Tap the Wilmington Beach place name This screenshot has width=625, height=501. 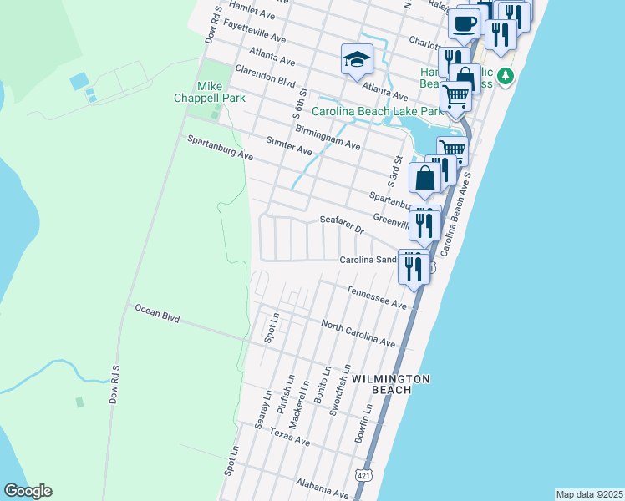[391, 384]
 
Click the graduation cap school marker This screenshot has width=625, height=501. [357, 60]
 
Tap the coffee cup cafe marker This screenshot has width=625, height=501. [464, 24]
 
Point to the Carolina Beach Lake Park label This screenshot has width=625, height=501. [377, 111]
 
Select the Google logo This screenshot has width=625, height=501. [28, 491]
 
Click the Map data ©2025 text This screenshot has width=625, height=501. [589, 494]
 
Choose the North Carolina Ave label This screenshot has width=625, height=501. [358, 331]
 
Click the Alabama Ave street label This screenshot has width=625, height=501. [317, 485]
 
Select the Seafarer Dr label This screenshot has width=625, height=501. [343, 225]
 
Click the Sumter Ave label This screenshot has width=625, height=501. [287, 146]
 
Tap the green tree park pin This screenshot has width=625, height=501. [505, 78]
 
